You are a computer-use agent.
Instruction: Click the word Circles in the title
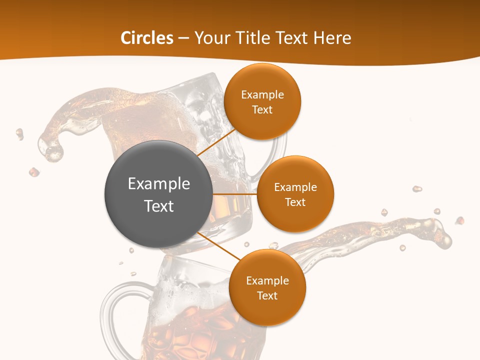click(146, 38)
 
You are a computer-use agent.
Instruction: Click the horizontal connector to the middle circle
click(235, 194)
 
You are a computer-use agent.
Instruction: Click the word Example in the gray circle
click(159, 184)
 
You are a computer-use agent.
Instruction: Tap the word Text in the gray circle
click(159, 206)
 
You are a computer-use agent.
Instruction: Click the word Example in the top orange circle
click(262, 95)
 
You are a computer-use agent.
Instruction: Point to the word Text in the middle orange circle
click(295, 202)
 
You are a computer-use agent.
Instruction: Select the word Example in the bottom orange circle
click(267, 281)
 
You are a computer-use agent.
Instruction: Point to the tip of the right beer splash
click(442, 235)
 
